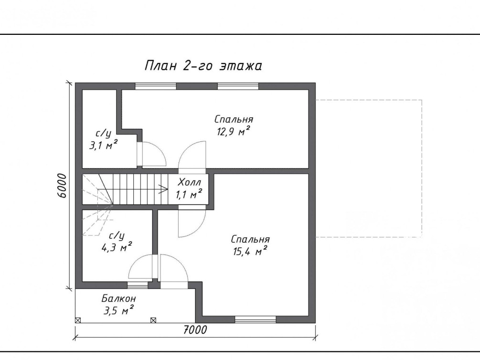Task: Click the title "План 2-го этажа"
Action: [203, 65]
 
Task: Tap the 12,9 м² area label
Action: [234, 131]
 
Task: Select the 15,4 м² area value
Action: [250, 251]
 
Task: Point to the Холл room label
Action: [190, 182]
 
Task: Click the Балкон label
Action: [119, 298]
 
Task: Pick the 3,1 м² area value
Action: [104, 145]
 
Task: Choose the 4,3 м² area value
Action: [117, 247]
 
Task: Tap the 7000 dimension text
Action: [195, 330]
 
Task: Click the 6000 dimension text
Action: [62, 186]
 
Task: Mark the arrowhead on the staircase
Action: [163, 189]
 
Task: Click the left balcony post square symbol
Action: [78, 320]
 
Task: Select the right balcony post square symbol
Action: [153, 320]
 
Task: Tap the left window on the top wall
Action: [156, 86]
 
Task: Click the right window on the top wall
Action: [238, 86]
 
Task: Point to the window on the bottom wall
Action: [256, 319]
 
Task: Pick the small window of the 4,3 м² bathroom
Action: [138, 286]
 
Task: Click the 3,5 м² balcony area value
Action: [118, 311]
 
